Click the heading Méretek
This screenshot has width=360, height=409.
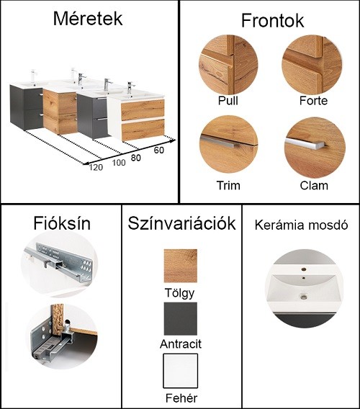(88, 19)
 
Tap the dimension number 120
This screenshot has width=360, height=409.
(96, 167)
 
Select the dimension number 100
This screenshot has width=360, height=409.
(119, 163)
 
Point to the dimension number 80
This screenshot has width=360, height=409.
(135, 158)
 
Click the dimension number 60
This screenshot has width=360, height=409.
(159, 150)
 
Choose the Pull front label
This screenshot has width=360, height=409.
(228, 100)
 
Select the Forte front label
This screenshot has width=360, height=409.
(313, 100)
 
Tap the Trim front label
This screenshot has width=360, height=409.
(228, 186)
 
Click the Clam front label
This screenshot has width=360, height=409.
(314, 186)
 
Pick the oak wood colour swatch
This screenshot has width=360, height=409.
(181, 266)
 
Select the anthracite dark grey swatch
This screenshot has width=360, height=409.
(181, 319)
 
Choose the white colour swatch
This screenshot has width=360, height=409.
(181, 371)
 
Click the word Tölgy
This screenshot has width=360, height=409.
(179, 293)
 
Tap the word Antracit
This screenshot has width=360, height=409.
(181, 344)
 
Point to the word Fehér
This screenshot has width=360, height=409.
(181, 398)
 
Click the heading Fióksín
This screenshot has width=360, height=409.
(62, 223)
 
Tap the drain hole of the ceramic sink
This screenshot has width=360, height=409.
(303, 296)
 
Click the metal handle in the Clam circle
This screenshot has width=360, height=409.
(306, 144)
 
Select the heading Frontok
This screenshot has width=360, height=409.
(272, 20)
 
